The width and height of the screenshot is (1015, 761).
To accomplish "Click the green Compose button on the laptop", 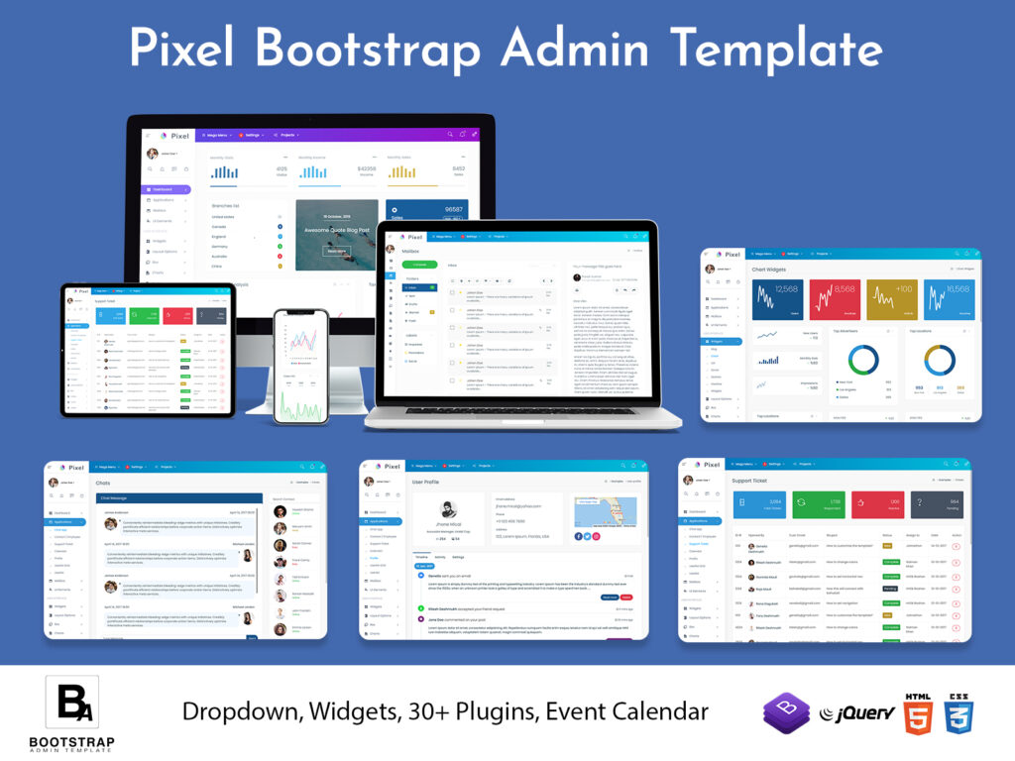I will point(419,265).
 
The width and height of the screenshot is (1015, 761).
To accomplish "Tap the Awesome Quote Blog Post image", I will point(336,235).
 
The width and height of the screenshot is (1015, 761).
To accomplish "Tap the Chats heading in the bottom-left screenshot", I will point(103,484).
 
